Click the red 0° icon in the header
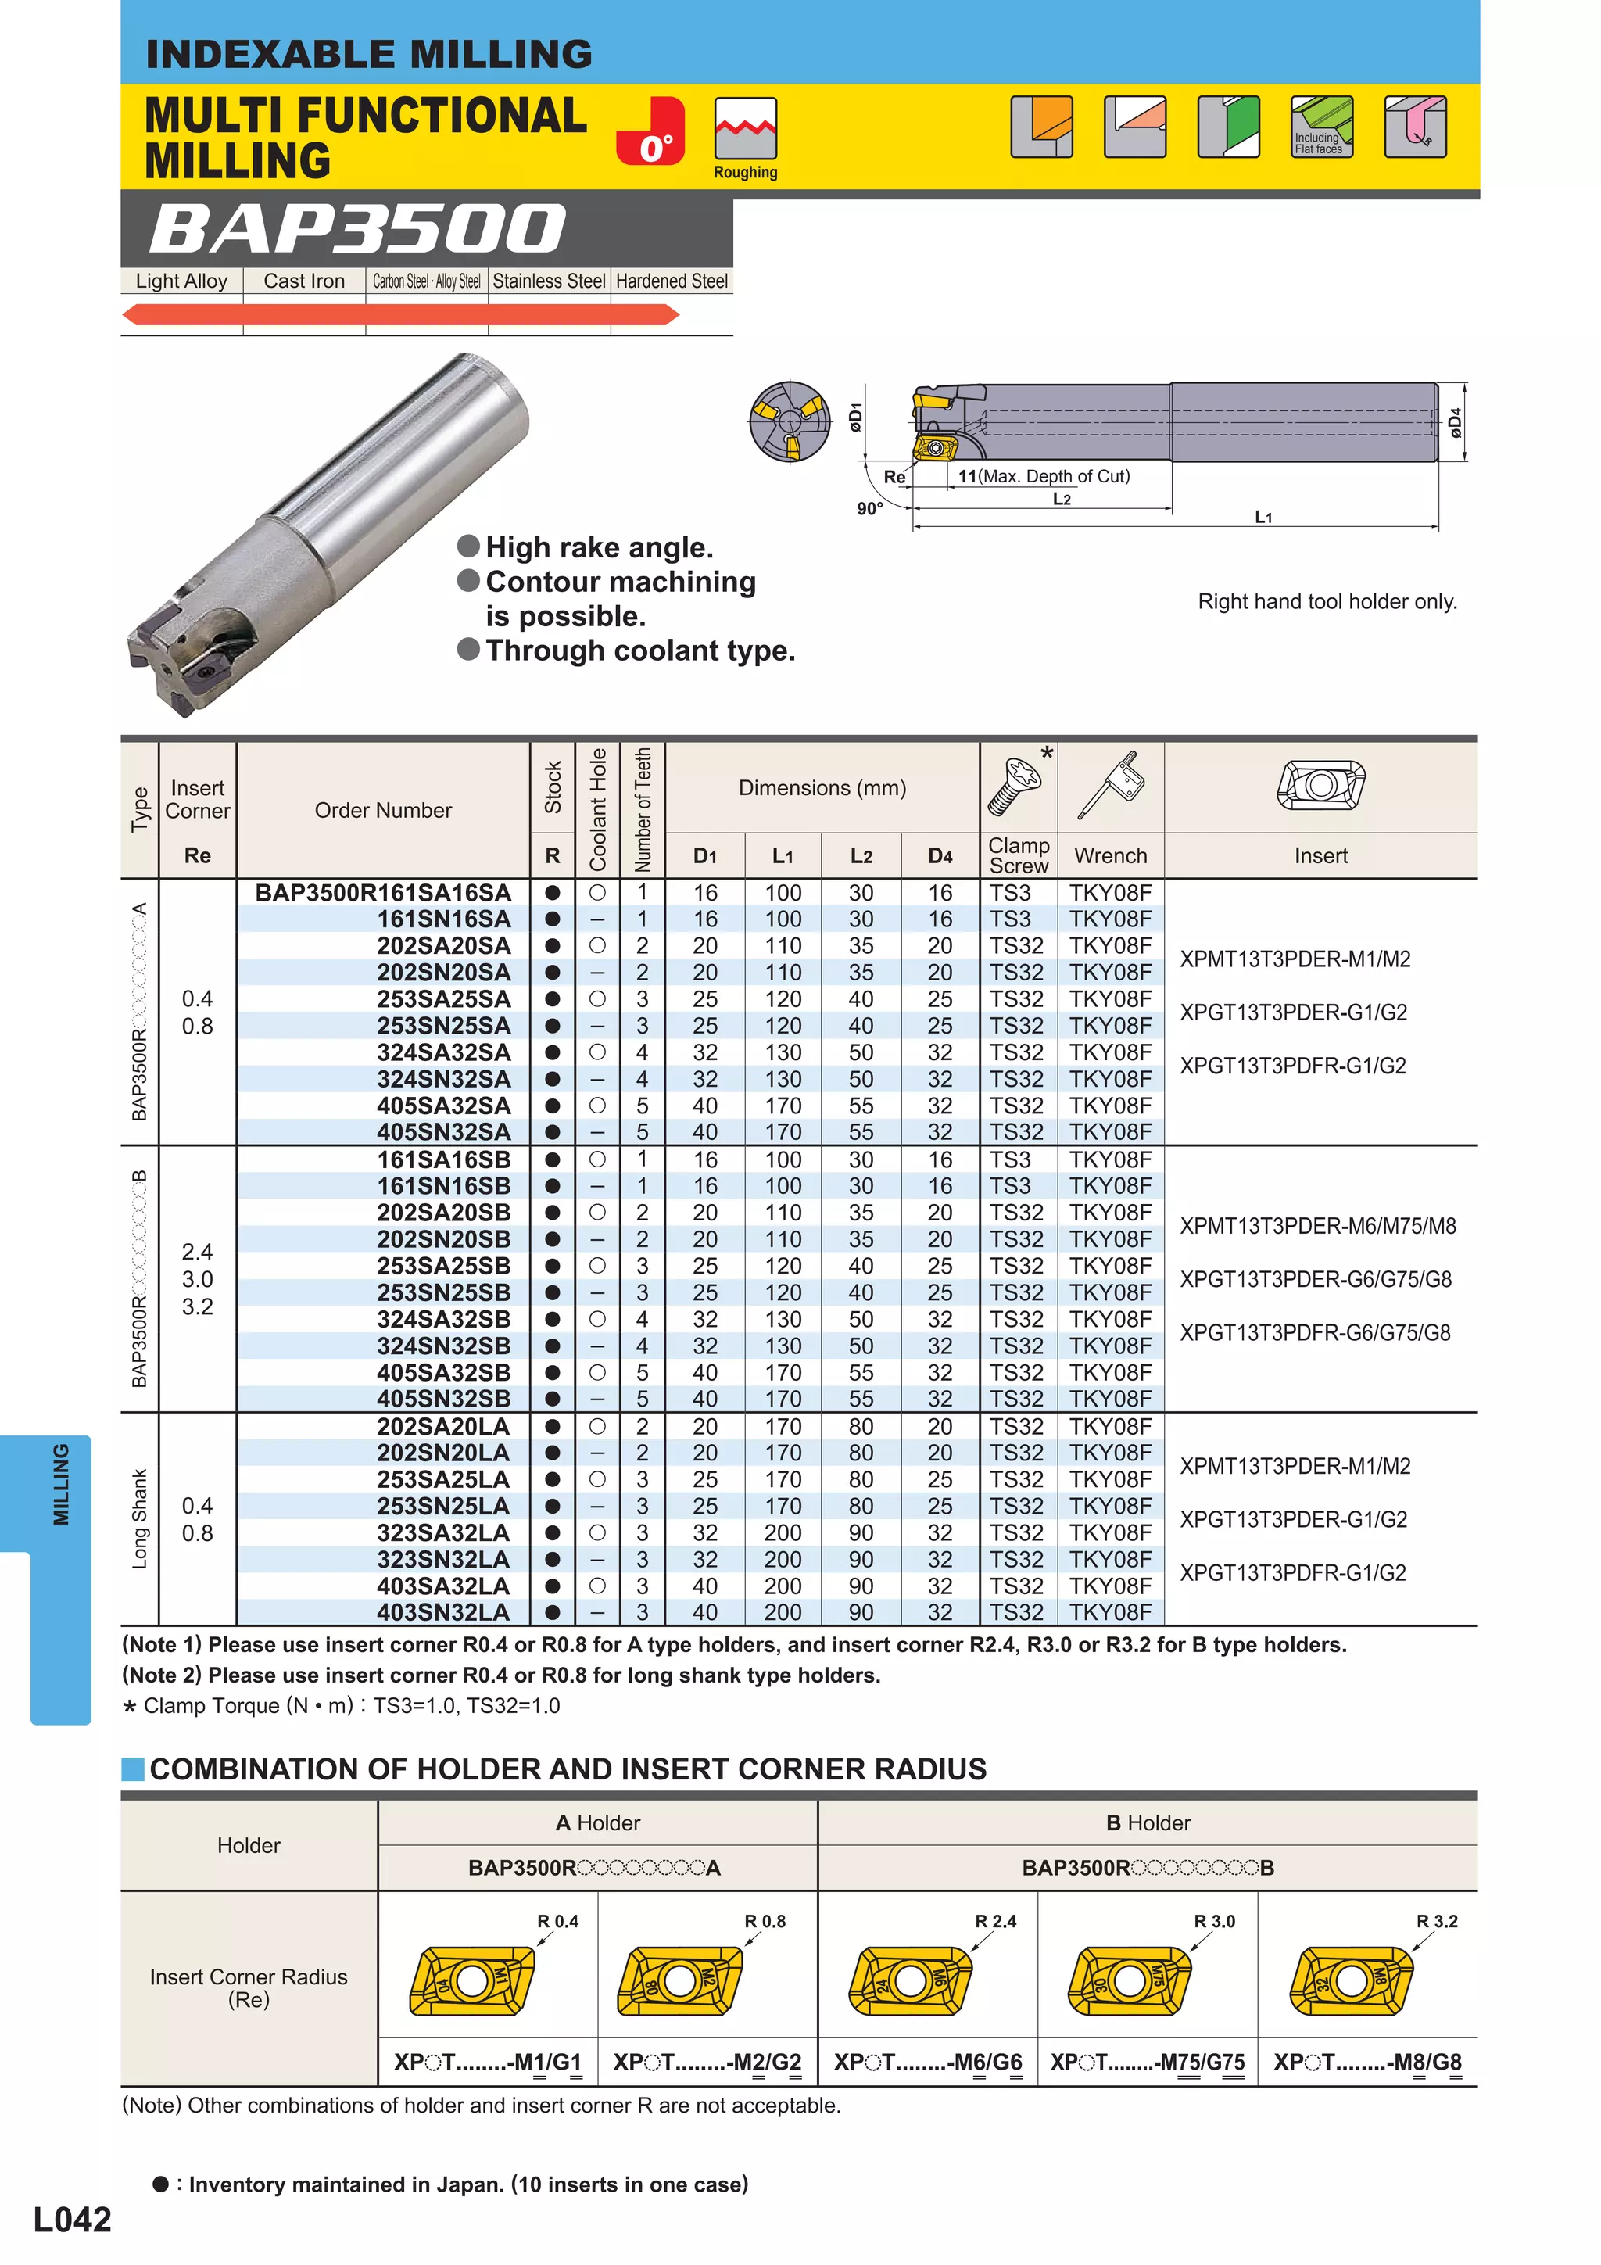[650, 131]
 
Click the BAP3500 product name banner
[357, 229]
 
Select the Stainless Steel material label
[549, 281]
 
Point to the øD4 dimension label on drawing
[1456, 422]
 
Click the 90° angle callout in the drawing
[869, 509]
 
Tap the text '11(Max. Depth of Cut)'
[1044, 476]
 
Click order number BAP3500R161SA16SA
[383, 893]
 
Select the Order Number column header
[383, 810]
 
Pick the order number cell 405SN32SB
[443, 1399]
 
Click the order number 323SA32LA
[443, 1533]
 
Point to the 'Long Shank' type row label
[139, 1519]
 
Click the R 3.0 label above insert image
[1213, 1922]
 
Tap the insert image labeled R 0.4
[471, 1981]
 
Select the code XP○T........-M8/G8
[1366, 2062]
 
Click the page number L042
[72, 2220]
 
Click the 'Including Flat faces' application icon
[1321, 127]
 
